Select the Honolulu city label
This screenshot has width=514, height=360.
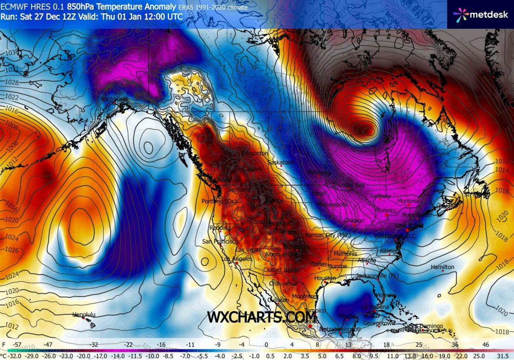(84, 315)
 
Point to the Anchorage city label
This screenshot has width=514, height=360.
(114, 99)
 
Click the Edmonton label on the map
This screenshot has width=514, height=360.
(255, 153)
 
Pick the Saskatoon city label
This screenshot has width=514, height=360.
(281, 163)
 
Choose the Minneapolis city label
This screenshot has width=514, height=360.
(332, 205)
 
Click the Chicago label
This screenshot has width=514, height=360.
(354, 220)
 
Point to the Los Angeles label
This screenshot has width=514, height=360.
(236, 259)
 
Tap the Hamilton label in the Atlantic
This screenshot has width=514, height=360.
(442, 267)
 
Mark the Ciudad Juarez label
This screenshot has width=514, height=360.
(278, 270)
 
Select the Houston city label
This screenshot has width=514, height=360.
(325, 278)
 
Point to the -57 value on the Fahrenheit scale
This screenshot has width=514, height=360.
(18, 344)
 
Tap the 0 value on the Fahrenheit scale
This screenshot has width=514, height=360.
(266, 344)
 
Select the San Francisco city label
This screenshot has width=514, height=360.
(220, 242)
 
